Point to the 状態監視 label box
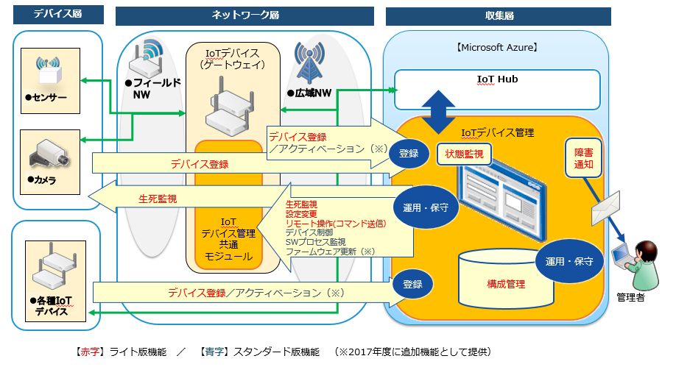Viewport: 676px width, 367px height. coord(463,154)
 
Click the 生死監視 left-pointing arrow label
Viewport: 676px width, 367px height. coord(158,198)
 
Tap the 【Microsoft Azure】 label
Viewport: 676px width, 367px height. coord(497,49)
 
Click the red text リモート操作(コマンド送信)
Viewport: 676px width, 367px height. coord(335,223)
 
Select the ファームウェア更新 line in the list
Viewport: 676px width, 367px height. coord(331,252)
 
